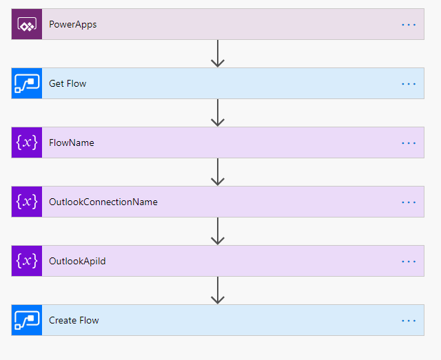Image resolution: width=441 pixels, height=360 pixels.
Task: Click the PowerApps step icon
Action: click(x=27, y=25)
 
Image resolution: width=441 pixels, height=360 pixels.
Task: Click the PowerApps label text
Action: click(x=73, y=25)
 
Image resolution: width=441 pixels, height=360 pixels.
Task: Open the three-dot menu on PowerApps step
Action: click(x=409, y=25)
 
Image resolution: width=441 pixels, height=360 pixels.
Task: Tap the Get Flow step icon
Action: click(x=27, y=83)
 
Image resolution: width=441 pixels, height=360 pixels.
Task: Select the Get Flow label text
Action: click(x=68, y=84)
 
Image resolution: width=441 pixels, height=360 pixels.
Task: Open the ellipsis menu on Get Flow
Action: click(x=409, y=84)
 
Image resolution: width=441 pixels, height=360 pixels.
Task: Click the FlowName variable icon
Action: click(x=27, y=142)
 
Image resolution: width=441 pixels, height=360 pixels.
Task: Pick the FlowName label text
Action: click(x=72, y=143)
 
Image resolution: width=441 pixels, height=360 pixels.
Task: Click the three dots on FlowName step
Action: click(x=409, y=143)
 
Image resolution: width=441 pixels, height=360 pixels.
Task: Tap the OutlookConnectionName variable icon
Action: click(x=27, y=202)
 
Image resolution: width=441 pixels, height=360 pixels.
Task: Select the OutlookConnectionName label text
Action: click(x=103, y=202)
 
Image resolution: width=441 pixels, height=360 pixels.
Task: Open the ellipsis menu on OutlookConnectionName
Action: click(x=409, y=202)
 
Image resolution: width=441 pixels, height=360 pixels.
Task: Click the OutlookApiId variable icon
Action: click(x=27, y=261)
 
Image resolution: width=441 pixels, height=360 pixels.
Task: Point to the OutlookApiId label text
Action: click(x=77, y=262)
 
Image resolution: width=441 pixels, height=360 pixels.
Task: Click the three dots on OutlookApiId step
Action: click(x=409, y=262)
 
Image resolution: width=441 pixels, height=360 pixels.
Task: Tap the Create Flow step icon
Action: click(x=27, y=320)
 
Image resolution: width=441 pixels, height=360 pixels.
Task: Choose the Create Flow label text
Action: click(x=74, y=321)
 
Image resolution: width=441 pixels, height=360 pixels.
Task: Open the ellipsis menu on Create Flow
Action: click(x=409, y=321)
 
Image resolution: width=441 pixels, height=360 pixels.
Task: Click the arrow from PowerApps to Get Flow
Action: click(x=218, y=54)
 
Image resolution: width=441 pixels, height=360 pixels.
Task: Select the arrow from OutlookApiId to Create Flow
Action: click(x=218, y=290)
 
